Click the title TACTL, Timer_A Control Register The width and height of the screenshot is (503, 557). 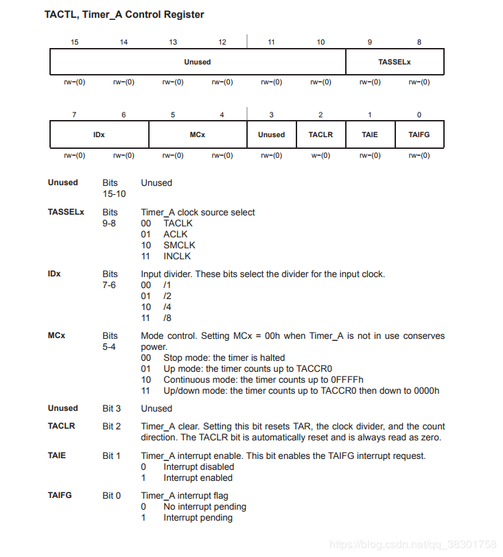tap(124, 14)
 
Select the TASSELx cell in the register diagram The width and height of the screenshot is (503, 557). tap(395, 62)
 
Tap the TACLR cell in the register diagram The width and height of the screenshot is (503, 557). tap(320, 134)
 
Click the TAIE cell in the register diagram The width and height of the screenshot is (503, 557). tap(370, 134)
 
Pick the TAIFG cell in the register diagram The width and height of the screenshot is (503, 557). tap(419, 134)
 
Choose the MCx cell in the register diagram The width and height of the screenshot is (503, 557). tap(198, 134)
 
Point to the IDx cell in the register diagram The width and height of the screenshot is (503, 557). tap(99, 134)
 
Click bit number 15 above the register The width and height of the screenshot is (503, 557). tap(75, 43)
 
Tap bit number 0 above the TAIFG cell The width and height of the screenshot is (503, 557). tap(419, 115)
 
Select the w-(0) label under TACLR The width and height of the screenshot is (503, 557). tap(320, 155)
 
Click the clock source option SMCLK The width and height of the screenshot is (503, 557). tap(179, 245)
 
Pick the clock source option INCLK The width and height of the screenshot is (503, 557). tap(177, 256)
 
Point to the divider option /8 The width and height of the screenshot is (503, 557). tap(167, 318)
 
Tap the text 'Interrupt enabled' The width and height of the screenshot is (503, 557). tap(198, 477)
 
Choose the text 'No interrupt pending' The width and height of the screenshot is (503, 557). tap(204, 506)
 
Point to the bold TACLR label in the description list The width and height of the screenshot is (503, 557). tap(62, 426)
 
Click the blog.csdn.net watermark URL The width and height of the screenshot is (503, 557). tap(412, 544)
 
